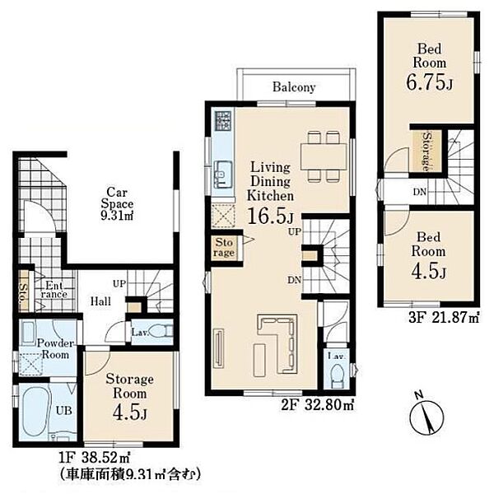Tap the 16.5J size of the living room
pyautogui.click(x=271, y=216)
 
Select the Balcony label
pyautogui.click(x=294, y=87)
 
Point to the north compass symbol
pyautogui.click(x=426, y=416)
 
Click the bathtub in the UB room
pyautogui.click(x=35, y=412)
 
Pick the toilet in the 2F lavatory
pyautogui.click(x=337, y=375)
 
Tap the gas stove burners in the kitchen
pyautogui.click(x=223, y=119)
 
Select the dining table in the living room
pyautogui.click(x=324, y=157)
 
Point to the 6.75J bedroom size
pyautogui.click(x=430, y=82)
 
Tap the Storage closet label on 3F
pyautogui.click(x=427, y=151)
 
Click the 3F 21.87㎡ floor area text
pyautogui.click(x=444, y=317)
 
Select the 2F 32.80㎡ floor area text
pyautogui.click(x=318, y=404)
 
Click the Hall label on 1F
pyautogui.click(x=100, y=301)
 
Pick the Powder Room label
pyautogui.click(x=55, y=349)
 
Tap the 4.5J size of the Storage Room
pyautogui.click(x=130, y=412)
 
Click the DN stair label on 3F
pyautogui.click(x=420, y=192)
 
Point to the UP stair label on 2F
pyautogui.click(x=295, y=232)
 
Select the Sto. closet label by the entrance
pyautogui.click(x=24, y=292)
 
